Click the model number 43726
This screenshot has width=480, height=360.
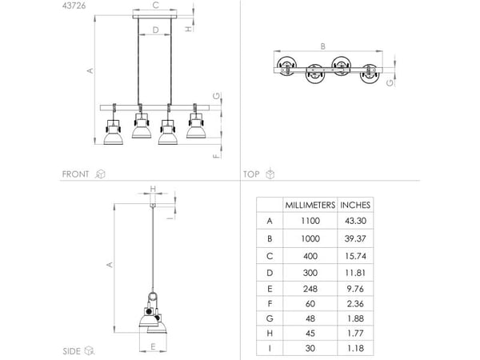[74, 6]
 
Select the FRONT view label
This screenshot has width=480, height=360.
[75, 174]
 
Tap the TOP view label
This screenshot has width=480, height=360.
[251, 174]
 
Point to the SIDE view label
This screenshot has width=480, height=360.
[71, 351]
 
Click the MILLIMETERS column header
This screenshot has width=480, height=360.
[310, 205]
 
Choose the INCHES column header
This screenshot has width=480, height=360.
[355, 205]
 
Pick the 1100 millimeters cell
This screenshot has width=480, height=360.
[310, 221]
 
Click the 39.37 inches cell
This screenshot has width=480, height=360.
[355, 238]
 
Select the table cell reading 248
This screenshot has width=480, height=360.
[310, 289]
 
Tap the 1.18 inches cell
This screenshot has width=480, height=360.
[355, 348]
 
